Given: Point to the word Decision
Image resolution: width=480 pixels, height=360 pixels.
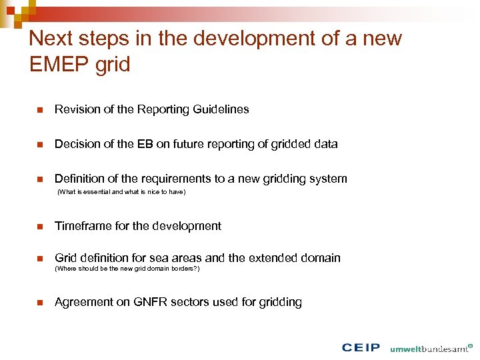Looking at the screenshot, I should coord(77,144).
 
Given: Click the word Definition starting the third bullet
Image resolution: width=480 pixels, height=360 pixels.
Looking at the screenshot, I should coord(77,179).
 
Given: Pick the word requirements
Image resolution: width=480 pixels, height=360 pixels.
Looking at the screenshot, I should coord(176,179).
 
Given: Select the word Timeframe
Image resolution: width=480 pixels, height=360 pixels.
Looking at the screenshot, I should coord(82,226).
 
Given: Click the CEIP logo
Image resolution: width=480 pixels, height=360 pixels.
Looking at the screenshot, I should coord(361,347).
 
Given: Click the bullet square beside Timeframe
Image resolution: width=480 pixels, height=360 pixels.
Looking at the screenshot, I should coord(39,227).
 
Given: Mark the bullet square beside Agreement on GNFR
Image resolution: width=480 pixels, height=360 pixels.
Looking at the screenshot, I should coord(39,303).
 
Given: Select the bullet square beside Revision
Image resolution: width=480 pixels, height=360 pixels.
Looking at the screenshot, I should coord(39,110).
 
